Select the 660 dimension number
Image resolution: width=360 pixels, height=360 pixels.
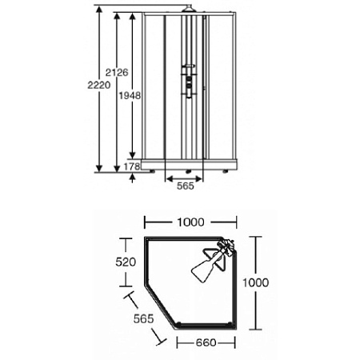(207, 342)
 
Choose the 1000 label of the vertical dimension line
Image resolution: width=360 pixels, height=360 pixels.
(274, 282)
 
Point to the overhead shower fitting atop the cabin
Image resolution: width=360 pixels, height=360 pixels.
(187, 10)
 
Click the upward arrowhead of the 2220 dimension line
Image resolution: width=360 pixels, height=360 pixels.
(98, 14)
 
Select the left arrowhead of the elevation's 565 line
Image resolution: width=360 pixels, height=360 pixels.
(167, 176)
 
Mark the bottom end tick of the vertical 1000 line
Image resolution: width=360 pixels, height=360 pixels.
(258, 329)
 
